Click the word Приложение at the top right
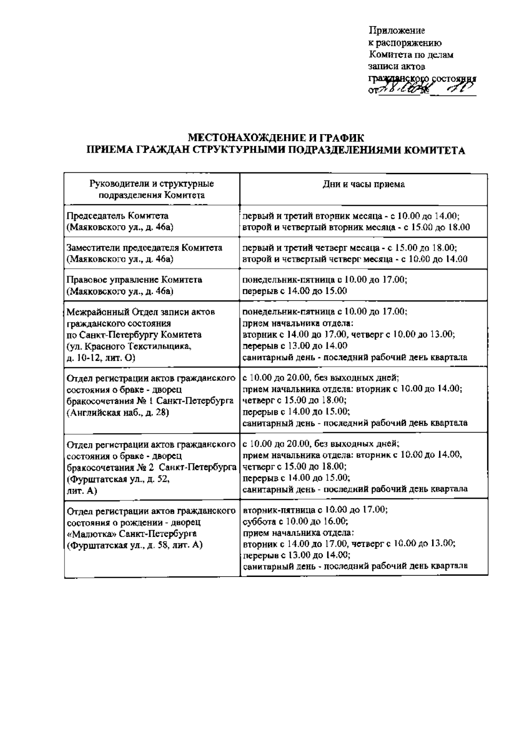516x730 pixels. (397, 31)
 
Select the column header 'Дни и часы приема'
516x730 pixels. (363, 184)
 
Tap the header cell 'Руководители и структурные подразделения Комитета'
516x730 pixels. (151, 190)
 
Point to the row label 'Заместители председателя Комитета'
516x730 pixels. (144, 248)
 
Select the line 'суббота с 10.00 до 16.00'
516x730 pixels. (295, 521)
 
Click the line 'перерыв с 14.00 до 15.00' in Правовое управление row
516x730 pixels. (295, 291)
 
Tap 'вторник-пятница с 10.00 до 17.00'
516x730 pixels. (315, 510)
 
